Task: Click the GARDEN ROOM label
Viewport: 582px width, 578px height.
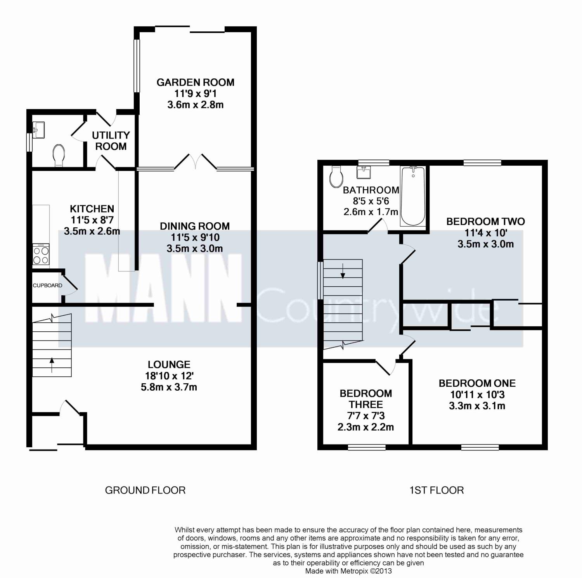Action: (195, 82)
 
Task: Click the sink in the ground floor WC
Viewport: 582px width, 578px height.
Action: (39, 130)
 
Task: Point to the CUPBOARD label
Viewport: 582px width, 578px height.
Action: (47, 286)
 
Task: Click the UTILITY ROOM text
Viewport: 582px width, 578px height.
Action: (111, 141)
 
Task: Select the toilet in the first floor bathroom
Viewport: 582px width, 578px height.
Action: (336, 177)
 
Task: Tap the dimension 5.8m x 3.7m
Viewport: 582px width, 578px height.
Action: (169, 387)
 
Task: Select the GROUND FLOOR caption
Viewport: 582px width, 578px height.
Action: (145, 490)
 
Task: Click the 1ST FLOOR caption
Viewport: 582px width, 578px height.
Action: (436, 490)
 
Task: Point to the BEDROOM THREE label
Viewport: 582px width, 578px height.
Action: (365, 399)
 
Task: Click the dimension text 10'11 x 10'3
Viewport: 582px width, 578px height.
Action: (477, 395)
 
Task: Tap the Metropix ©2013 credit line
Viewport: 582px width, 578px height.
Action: (348, 571)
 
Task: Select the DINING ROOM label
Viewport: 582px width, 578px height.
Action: (195, 226)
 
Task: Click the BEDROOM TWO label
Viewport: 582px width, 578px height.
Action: (485, 222)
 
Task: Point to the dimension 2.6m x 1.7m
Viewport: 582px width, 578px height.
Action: (371, 212)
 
